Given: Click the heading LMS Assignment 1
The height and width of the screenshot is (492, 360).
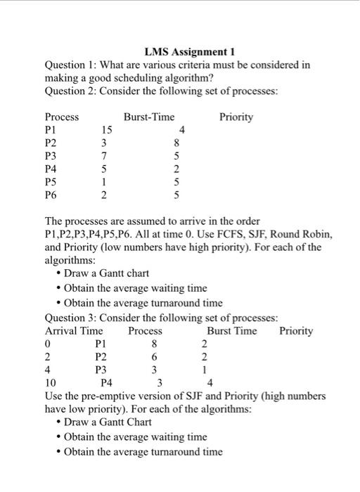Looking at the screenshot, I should [189, 51].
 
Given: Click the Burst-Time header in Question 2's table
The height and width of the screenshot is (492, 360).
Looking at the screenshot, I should [149, 117].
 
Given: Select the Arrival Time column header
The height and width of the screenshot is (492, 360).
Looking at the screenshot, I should [74, 331].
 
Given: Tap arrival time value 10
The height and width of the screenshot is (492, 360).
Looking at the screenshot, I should [49, 383].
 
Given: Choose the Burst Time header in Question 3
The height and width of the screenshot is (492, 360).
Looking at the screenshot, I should [232, 331].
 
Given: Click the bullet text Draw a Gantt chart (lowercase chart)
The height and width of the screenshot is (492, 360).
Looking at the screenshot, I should [106, 273].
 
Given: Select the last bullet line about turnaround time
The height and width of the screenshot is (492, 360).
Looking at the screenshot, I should [143, 452].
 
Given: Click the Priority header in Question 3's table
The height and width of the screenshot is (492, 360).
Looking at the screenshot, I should [296, 331].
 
